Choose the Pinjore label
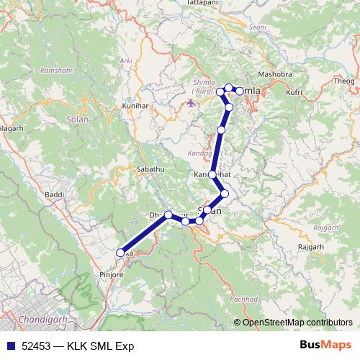pos(111,274)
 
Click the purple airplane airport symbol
pos(190,103)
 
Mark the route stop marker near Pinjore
pos(120,252)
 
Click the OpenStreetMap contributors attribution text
pos(297,323)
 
